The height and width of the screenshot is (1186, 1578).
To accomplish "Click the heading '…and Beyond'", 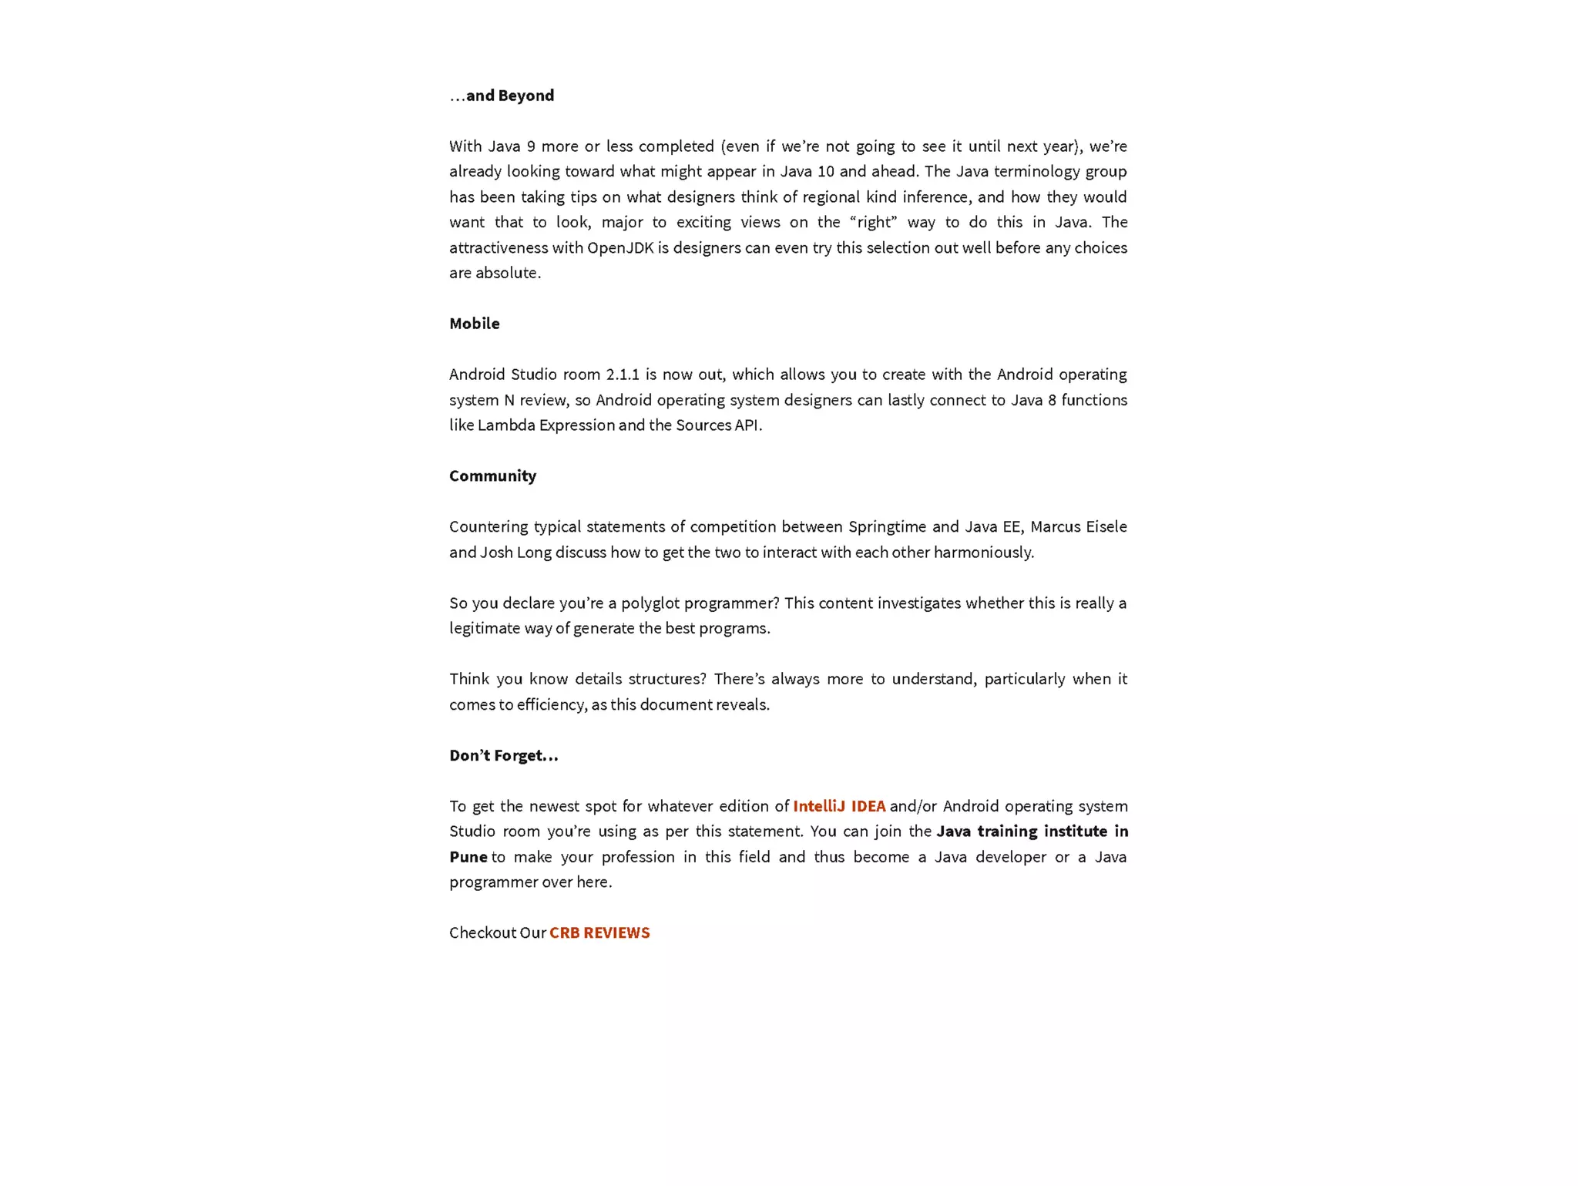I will click(x=502, y=96).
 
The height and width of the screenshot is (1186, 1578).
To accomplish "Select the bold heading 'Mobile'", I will click(x=474, y=324).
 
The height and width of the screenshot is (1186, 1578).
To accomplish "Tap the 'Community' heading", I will click(x=492, y=475).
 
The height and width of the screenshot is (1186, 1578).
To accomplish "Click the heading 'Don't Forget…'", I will click(x=503, y=755).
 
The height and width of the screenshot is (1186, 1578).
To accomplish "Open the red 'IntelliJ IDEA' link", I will click(x=839, y=806).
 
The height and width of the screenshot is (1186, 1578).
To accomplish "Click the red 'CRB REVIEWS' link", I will click(x=599, y=932).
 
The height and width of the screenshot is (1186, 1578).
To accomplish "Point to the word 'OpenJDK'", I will click(x=620, y=247).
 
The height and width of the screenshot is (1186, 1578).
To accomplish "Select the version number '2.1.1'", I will click(x=623, y=375).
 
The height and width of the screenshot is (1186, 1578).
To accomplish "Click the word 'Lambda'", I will click(x=506, y=425).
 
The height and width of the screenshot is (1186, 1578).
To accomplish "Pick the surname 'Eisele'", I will click(x=1106, y=526).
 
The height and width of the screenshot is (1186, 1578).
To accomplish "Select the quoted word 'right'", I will click(x=873, y=222).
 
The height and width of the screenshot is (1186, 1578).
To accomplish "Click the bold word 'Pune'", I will click(x=468, y=857).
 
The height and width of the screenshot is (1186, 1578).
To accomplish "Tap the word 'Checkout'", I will click(x=482, y=932).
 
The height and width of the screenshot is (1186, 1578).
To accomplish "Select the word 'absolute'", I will click(x=507, y=273).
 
